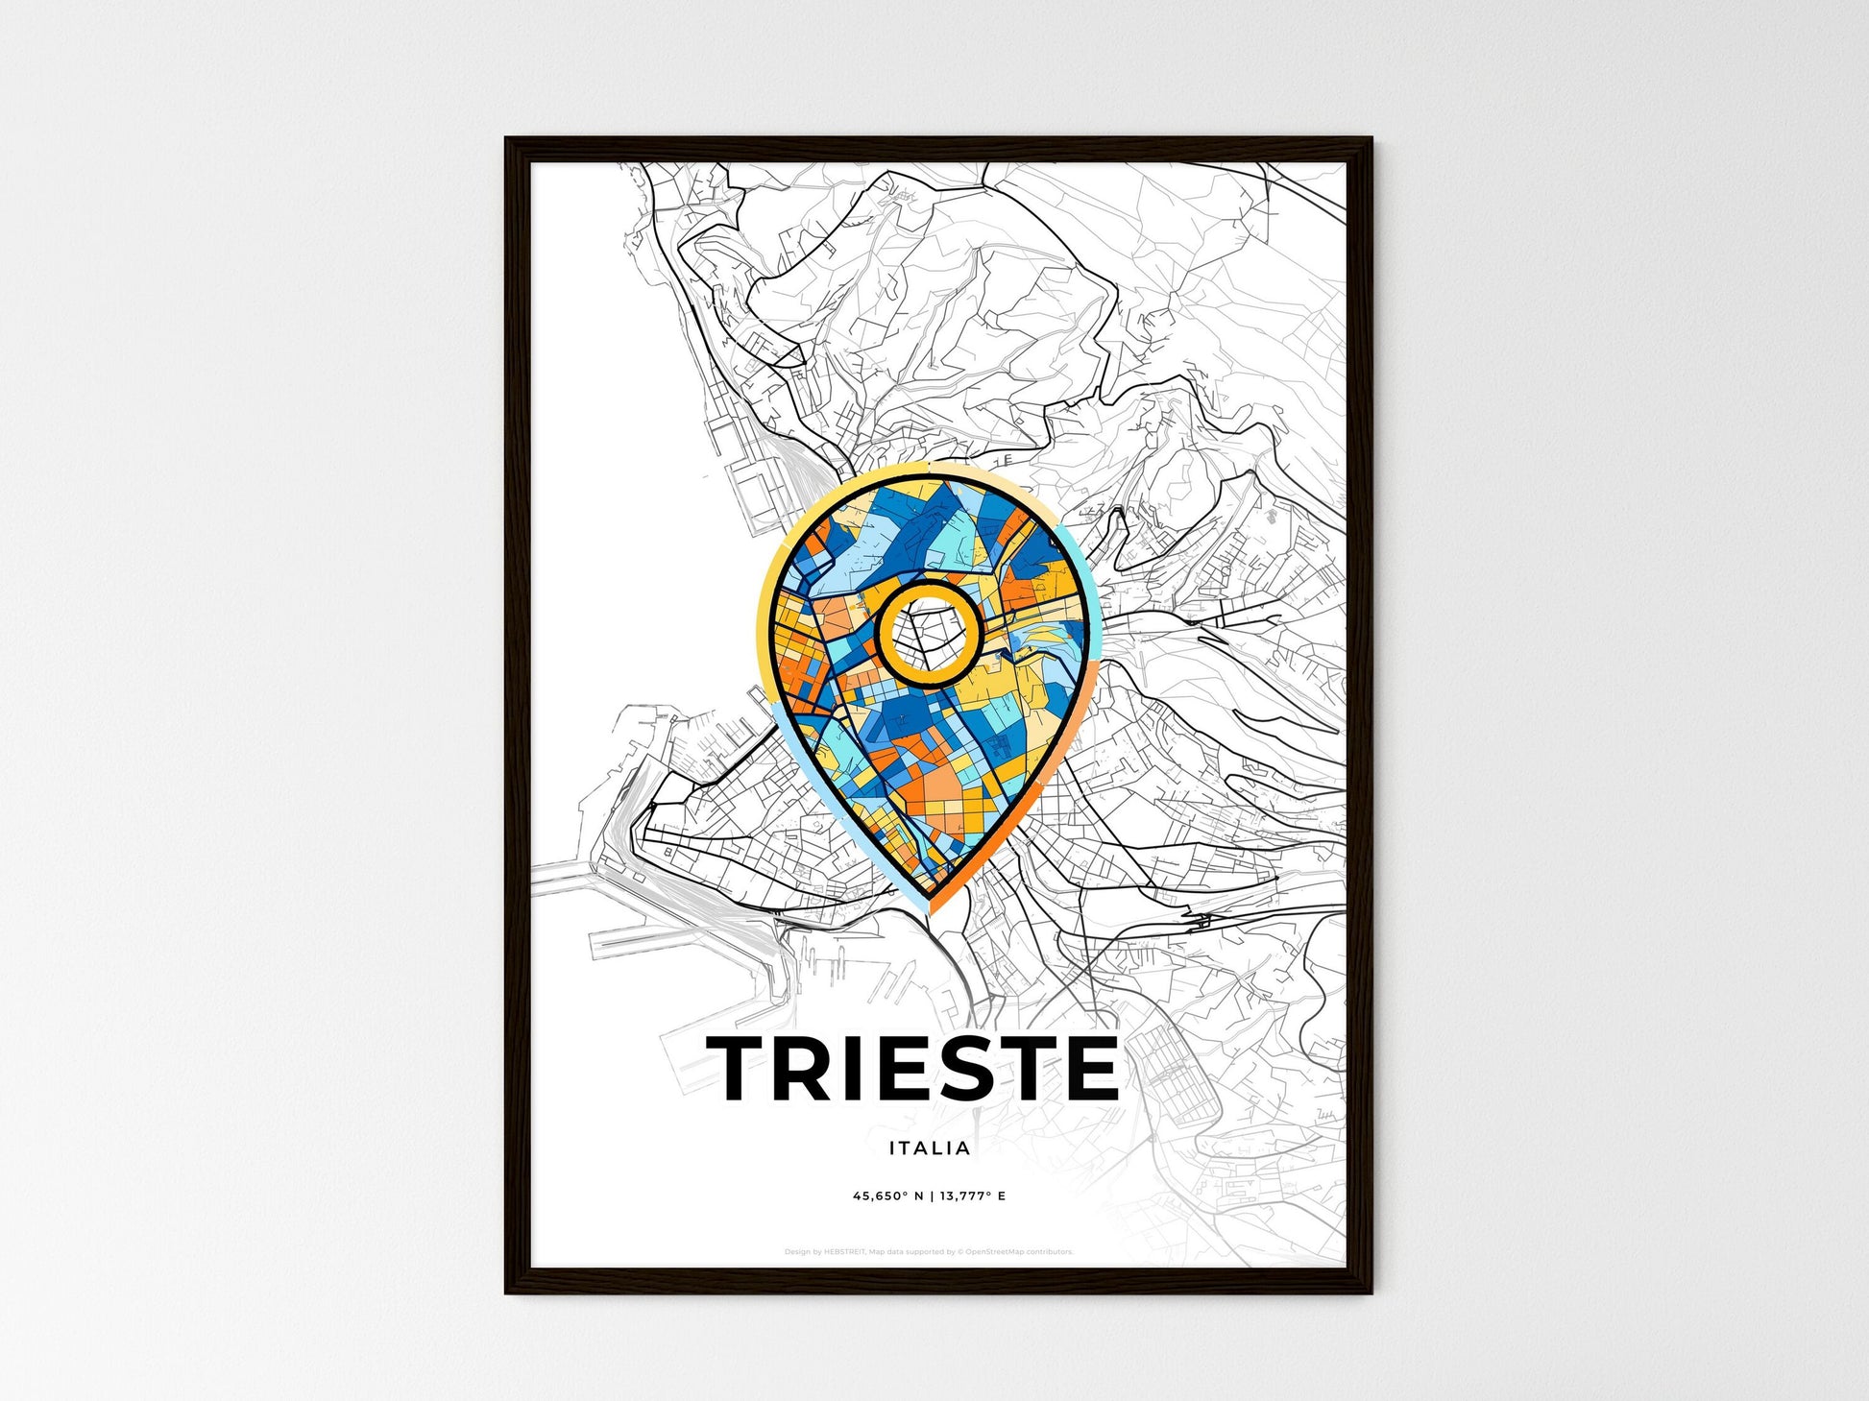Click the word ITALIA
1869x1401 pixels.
click(930, 1147)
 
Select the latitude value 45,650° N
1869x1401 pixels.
click(888, 1196)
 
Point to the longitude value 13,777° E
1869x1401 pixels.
click(973, 1196)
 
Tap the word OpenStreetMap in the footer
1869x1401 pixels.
click(993, 1252)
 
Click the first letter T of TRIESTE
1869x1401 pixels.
click(742, 1068)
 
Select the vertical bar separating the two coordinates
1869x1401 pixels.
click(931, 1196)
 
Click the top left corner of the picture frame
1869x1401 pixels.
click(507, 140)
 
